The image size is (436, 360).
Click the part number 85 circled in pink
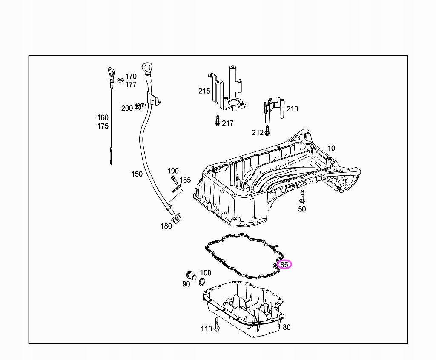pos(284,264)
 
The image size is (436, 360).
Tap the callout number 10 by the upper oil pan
pos(331,148)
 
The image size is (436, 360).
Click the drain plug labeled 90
pos(190,275)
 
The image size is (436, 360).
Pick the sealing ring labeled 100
pos(202,282)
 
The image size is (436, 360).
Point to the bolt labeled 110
pos(217,324)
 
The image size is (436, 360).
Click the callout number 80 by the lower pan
pos(287,327)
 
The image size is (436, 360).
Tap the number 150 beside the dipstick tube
pos(137,174)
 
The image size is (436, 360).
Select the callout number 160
pos(103,117)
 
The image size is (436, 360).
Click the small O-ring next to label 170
pos(120,80)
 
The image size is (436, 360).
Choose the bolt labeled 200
pos(139,106)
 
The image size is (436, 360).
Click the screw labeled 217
pos(217,121)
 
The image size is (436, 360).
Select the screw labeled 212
pos(267,131)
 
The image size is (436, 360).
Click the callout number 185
pos(185,180)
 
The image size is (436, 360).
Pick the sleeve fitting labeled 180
pos(177,218)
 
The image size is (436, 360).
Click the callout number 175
pos(103,126)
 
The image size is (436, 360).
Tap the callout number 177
pos(131,85)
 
